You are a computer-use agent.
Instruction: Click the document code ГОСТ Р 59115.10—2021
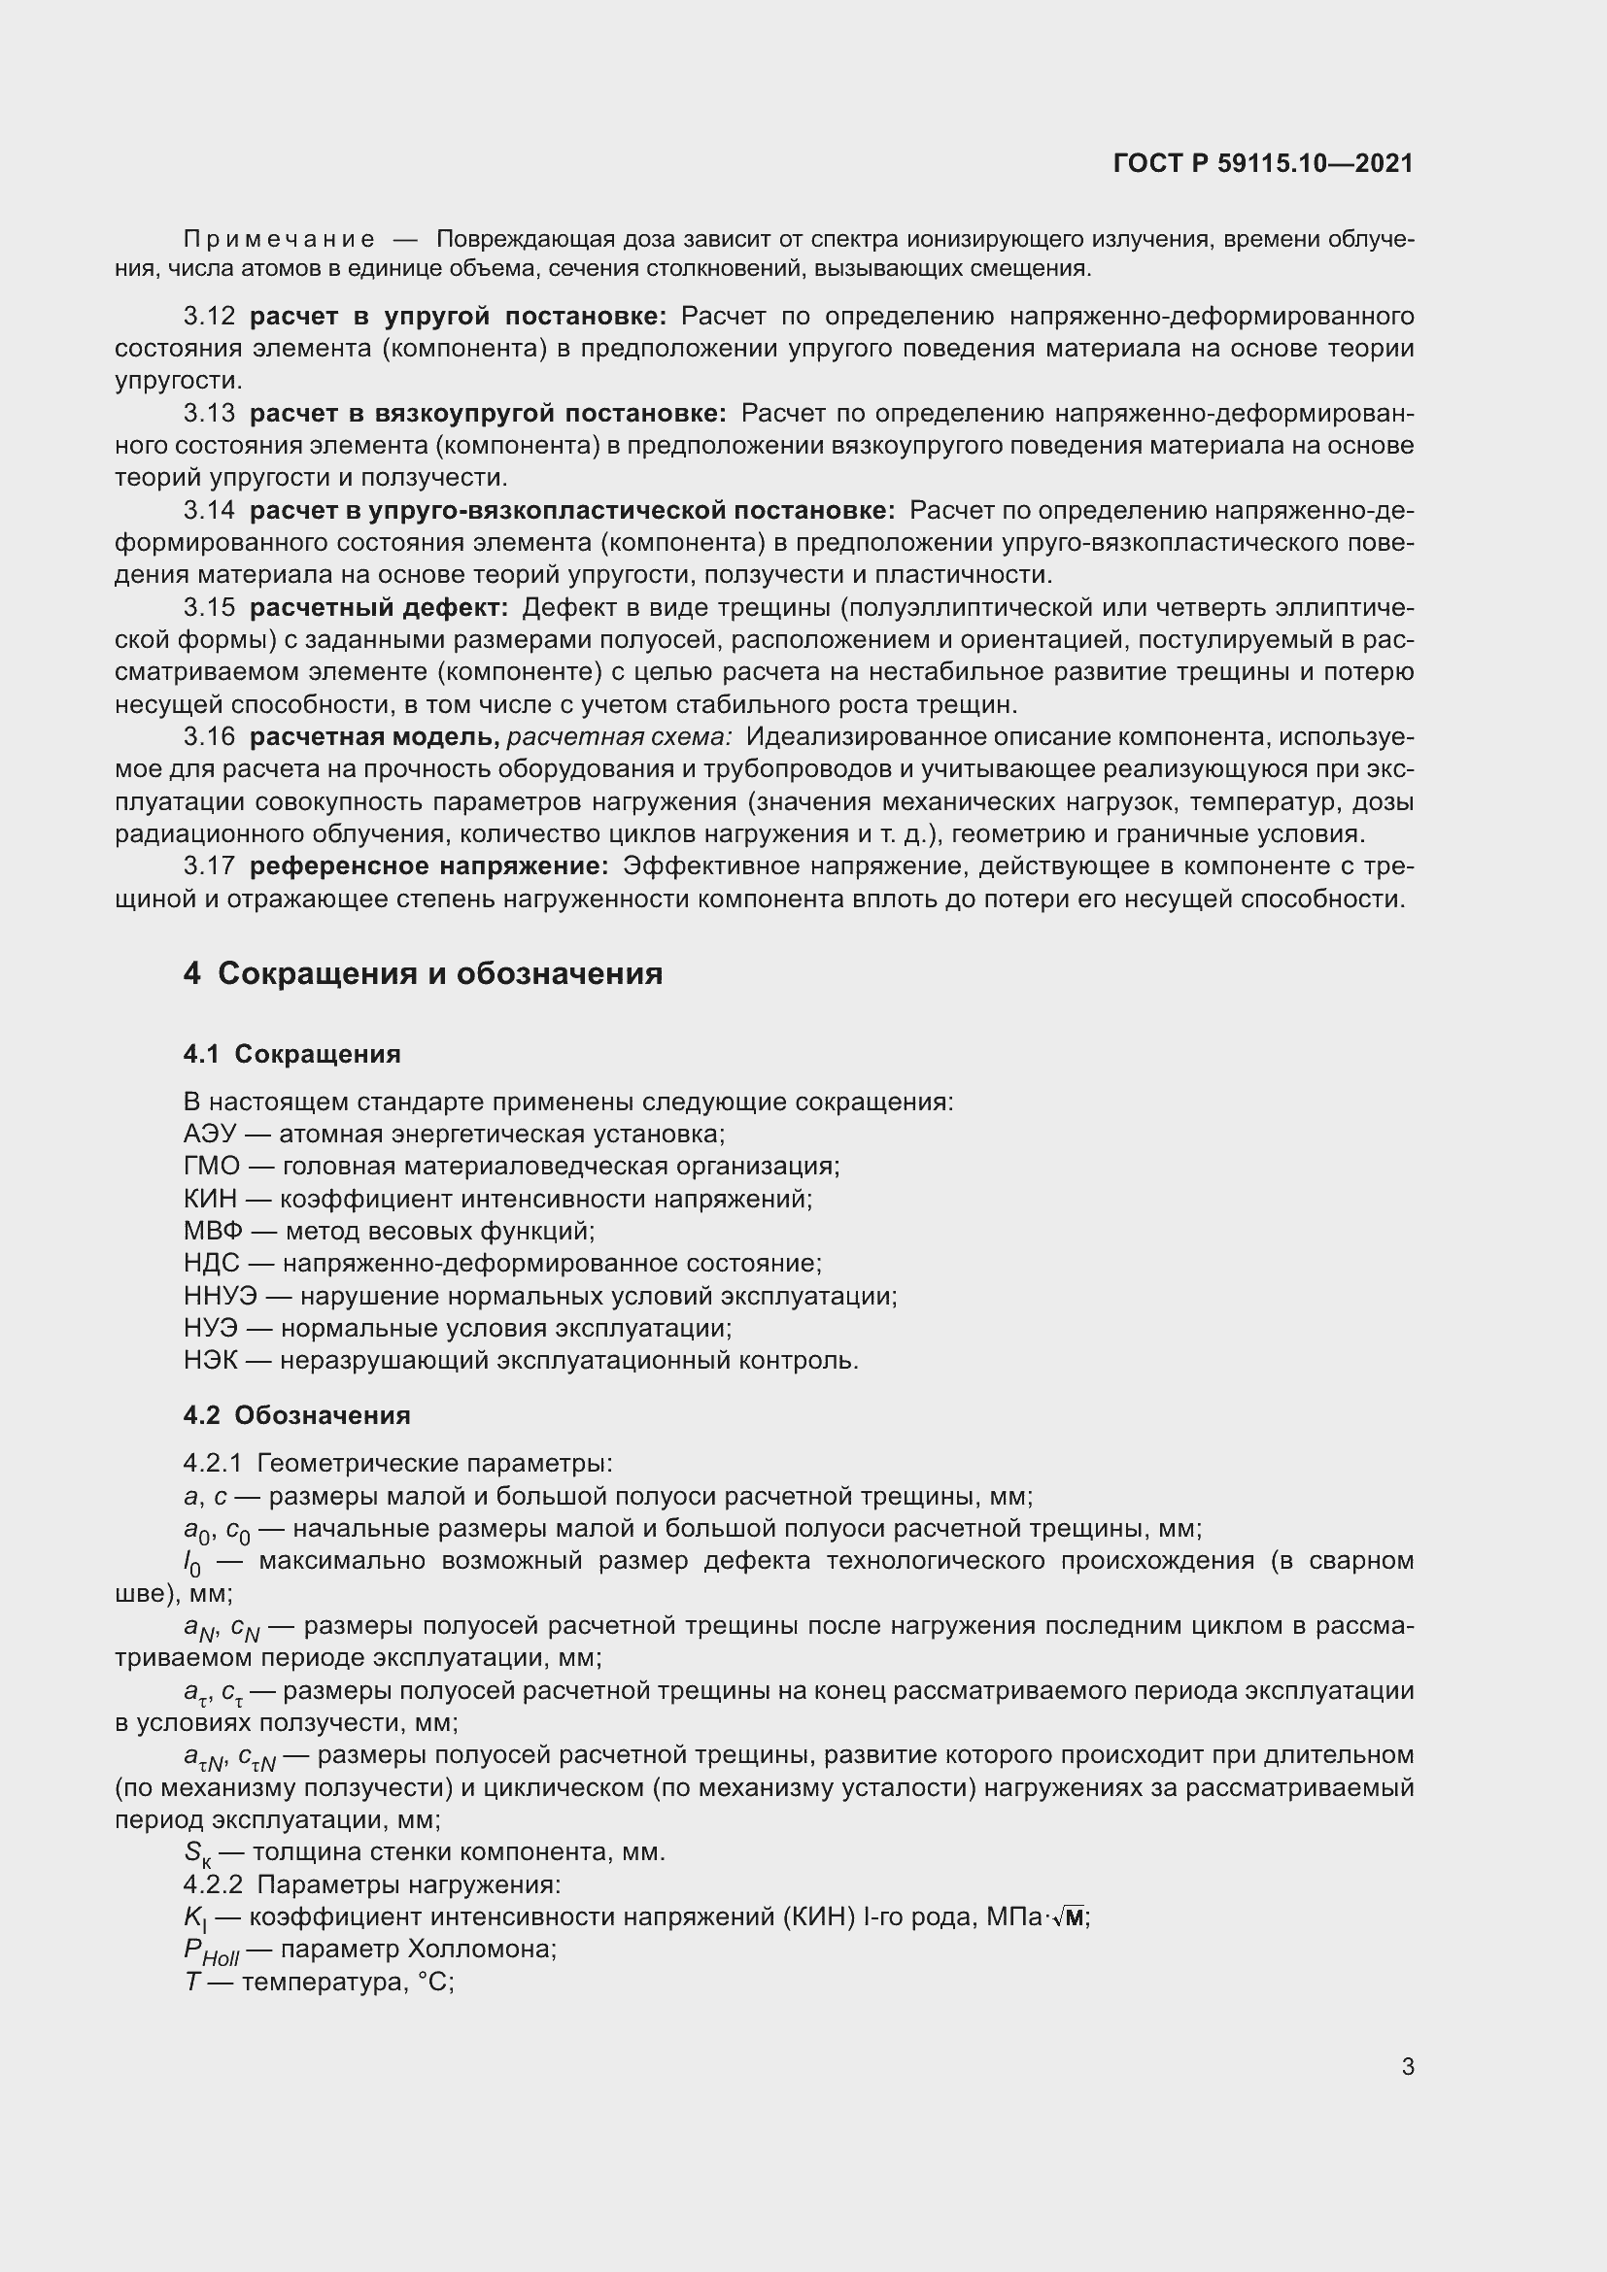pyautogui.click(x=1263, y=163)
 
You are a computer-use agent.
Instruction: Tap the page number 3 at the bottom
pyautogui.click(x=1407, y=2066)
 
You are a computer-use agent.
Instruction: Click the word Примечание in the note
pyautogui.click(x=279, y=240)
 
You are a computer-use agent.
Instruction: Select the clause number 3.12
pyautogui.click(x=210, y=317)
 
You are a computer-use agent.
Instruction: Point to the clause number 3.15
pyautogui.click(x=210, y=607)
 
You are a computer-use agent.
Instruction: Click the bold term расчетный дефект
pyautogui.click(x=378, y=607)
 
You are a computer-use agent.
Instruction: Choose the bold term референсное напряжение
pyautogui.click(x=428, y=865)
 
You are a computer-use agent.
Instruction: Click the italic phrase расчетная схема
pyautogui.click(x=620, y=737)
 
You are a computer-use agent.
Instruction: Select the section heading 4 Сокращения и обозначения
pyautogui.click(x=423, y=973)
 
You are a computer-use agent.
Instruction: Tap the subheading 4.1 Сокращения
pyautogui.click(x=291, y=1054)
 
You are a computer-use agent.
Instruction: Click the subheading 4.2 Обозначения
pyautogui.click(x=297, y=1415)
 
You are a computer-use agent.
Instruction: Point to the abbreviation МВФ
pyautogui.click(x=210, y=1231)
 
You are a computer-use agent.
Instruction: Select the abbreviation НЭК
pyautogui.click(x=210, y=1361)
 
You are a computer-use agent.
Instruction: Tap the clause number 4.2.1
pyautogui.click(x=212, y=1464)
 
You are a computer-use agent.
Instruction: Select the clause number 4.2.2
pyautogui.click(x=213, y=1885)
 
